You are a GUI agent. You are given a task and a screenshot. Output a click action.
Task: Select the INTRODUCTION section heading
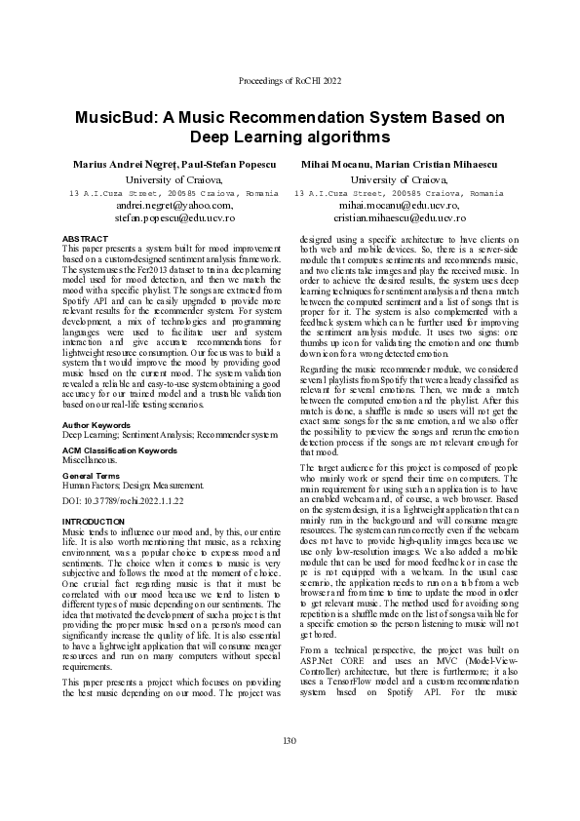[87, 522]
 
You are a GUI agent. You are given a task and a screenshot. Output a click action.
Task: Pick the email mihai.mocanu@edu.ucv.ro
[398, 206]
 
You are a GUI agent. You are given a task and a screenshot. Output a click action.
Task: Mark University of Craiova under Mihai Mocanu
[398, 179]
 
